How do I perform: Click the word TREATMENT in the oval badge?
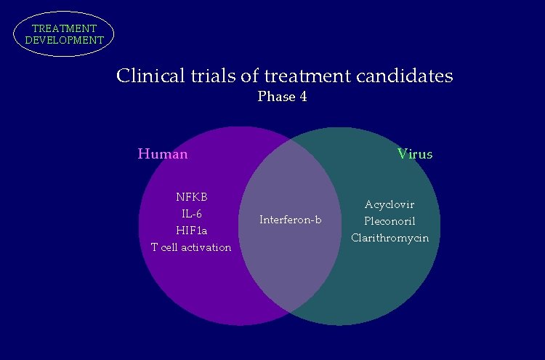(x=64, y=28)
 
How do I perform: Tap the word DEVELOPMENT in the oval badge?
(x=64, y=40)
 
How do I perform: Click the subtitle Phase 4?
(x=282, y=97)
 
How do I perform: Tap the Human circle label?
(x=163, y=153)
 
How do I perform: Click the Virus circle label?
(x=414, y=153)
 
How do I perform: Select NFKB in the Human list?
(x=192, y=196)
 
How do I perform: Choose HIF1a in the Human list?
(x=192, y=230)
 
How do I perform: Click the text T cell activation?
(x=191, y=247)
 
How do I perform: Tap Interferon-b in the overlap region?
(x=290, y=220)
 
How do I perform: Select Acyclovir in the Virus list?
(x=389, y=204)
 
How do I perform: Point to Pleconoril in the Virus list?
(x=389, y=221)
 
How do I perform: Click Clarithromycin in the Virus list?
(x=389, y=238)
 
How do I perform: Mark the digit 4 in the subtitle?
(x=302, y=97)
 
